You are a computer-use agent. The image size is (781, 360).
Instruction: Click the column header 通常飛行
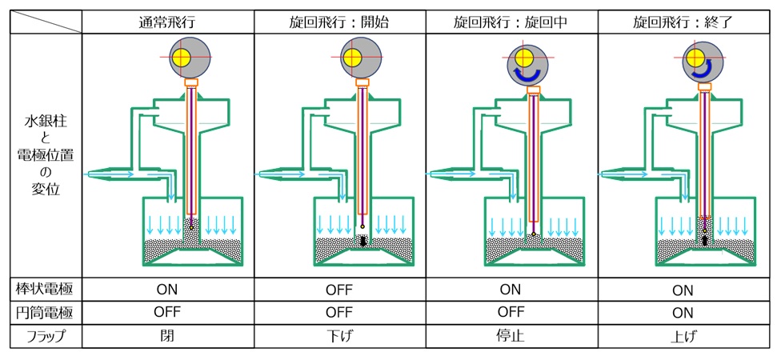[167, 23]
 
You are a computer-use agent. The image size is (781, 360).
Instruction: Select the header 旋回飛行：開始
[340, 23]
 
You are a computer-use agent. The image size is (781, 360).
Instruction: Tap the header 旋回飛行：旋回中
[511, 23]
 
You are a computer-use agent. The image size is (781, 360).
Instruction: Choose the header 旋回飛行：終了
[683, 23]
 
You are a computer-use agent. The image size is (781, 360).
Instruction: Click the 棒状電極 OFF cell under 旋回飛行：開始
[340, 290]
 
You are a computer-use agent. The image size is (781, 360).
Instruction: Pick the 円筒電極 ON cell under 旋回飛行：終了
[683, 313]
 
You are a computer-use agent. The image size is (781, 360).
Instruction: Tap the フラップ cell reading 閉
[167, 336]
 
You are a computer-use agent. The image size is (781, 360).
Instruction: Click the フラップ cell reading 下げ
[340, 336]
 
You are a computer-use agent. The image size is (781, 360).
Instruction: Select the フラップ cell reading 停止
[511, 336]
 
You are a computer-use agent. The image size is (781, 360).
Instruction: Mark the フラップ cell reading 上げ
[683, 336]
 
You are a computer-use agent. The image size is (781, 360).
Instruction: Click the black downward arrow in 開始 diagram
[362, 241]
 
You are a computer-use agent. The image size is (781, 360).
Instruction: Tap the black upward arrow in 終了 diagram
[705, 241]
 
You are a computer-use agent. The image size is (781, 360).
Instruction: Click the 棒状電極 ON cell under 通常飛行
[167, 290]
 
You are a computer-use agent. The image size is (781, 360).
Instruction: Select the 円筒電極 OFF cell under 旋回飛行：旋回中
[511, 312]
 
